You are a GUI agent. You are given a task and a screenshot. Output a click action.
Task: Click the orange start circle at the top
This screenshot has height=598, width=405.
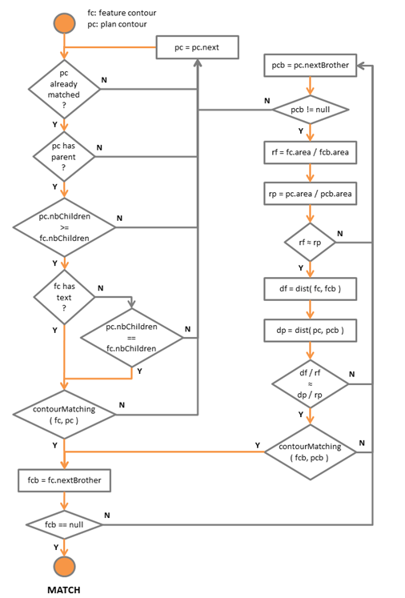click(64, 24)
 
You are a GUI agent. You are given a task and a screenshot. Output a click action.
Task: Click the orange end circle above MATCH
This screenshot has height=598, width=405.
click(64, 567)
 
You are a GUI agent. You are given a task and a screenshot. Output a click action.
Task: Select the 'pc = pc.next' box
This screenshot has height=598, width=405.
click(197, 47)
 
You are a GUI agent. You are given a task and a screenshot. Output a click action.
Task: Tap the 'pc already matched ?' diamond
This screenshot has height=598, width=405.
click(64, 89)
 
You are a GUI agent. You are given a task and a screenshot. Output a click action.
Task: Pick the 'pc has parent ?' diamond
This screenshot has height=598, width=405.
click(64, 156)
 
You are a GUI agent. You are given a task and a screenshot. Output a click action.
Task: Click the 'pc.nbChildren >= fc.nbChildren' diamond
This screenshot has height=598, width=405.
click(64, 227)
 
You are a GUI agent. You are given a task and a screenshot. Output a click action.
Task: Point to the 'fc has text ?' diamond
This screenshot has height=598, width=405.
click(64, 297)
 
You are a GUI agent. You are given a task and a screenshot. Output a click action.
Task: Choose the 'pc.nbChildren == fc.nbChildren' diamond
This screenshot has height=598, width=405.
click(131, 338)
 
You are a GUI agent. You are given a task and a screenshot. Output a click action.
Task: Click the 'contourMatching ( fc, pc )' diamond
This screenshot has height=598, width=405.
click(64, 415)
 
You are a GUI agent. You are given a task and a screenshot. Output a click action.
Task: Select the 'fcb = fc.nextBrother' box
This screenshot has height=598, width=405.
click(65, 480)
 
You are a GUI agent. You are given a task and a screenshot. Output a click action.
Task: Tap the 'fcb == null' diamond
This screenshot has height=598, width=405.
click(64, 525)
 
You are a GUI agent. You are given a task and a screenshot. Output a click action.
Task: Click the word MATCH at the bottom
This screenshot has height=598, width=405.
click(64, 590)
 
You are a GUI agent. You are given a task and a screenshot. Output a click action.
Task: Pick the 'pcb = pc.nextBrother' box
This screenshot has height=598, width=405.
click(310, 65)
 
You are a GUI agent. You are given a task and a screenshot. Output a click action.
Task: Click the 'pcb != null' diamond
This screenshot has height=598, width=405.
click(310, 110)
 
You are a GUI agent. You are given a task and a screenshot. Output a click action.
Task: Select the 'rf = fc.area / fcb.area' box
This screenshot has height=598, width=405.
click(310, 152)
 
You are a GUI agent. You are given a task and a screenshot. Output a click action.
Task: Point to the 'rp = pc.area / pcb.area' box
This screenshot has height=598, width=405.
click(310, 194)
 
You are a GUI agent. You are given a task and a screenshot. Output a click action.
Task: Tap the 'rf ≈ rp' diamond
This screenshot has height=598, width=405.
click(310, 243)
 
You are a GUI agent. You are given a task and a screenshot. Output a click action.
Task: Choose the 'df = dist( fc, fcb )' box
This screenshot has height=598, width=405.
click(310, 289)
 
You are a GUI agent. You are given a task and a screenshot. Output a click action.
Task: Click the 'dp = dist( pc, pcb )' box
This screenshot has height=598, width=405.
click(310, 331)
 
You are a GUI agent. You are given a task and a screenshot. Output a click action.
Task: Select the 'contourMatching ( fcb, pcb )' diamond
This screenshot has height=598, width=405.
click(310, 452)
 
